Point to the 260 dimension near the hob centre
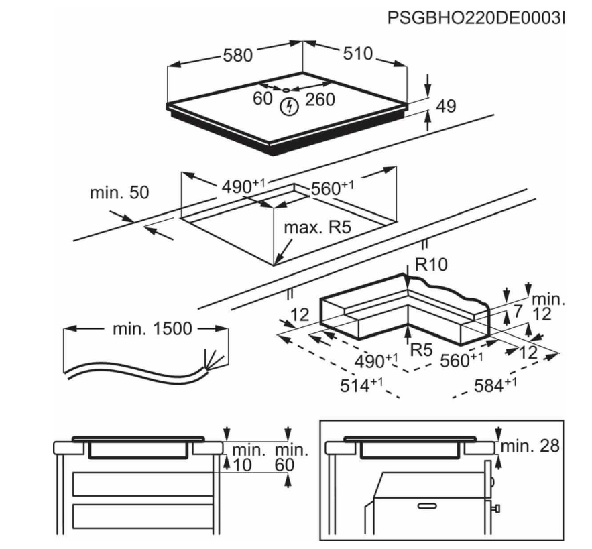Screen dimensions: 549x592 (x=319, y=100)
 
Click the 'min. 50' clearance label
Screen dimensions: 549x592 (x=120, y=193)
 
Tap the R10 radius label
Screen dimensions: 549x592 (x=430, y=265)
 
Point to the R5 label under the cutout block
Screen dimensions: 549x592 (x=420, y=348)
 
